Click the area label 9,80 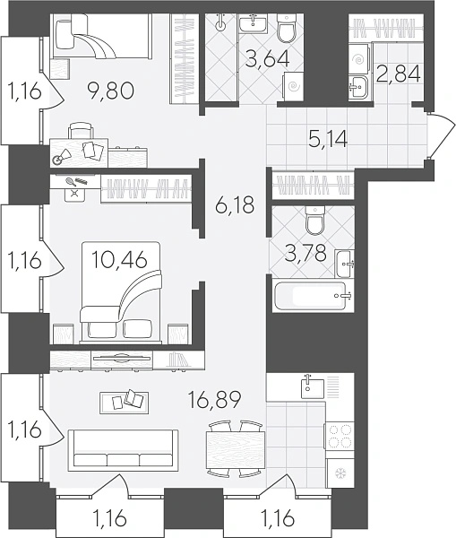click(x=111, y=91)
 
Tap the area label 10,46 click(x=120, y=259)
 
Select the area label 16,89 click(x=215, y=398)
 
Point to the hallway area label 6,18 click(x=235, y=205)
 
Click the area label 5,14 click(x=328, y=139)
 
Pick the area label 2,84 click(x=398, y=74)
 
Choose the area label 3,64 click(x=269, y=58)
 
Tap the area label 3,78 click(x=305, y=253)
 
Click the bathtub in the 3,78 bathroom click(x=314, y=295)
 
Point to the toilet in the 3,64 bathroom click(x=286, y=28)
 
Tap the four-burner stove click(x=340, y=436)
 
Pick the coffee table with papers click(x=125, y=403)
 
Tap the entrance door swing click(x=442, y=134)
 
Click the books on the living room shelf click(x=178, y=360)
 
